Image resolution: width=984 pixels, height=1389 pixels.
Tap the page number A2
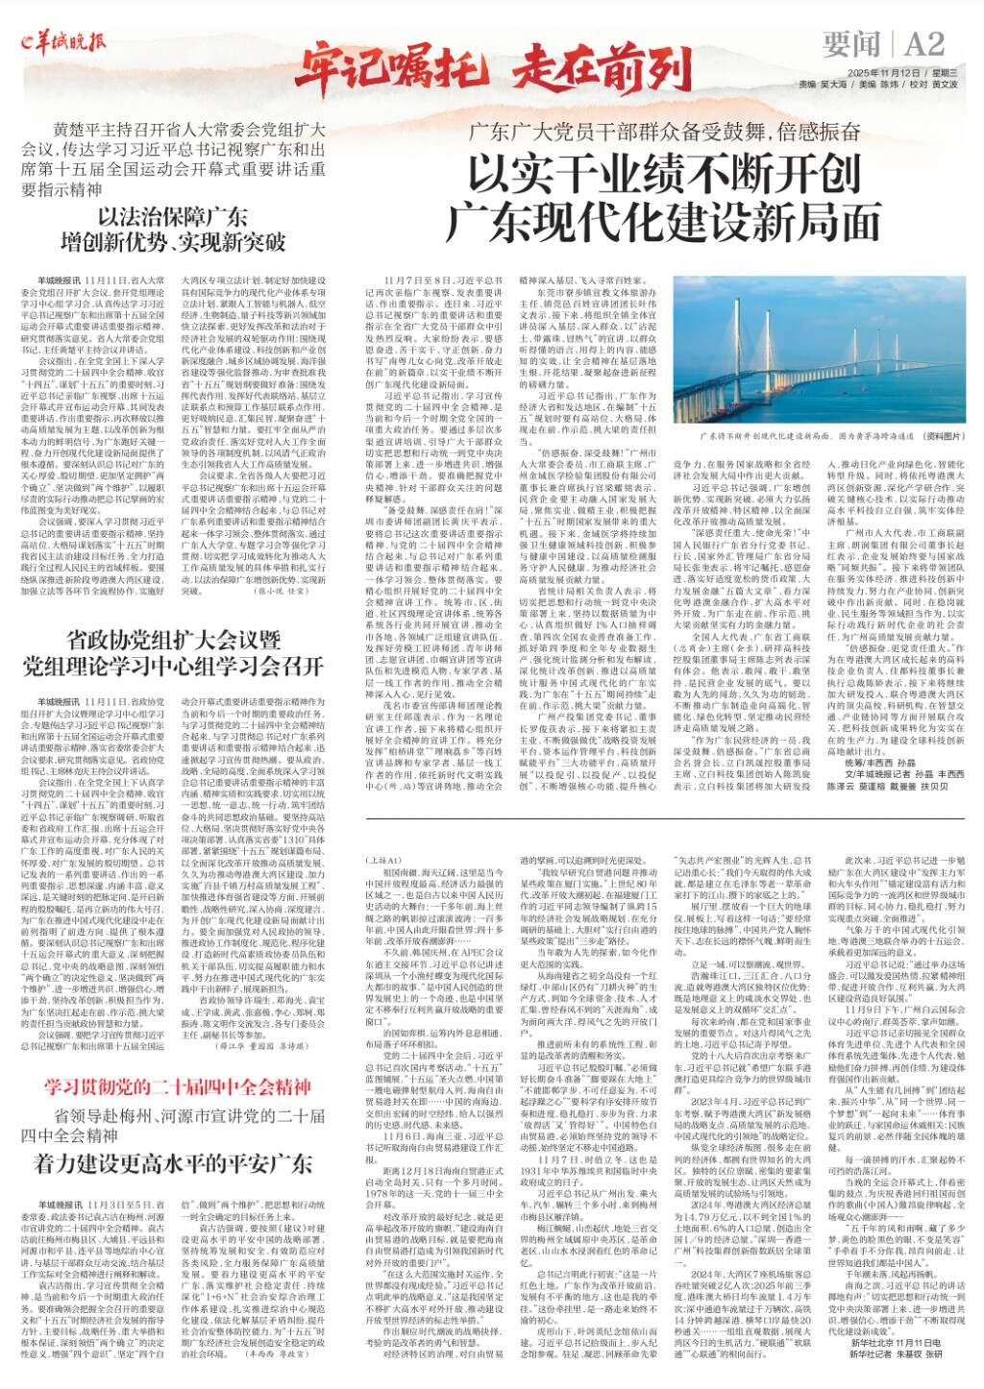923,44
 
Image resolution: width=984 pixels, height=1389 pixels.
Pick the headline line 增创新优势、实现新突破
187,240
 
